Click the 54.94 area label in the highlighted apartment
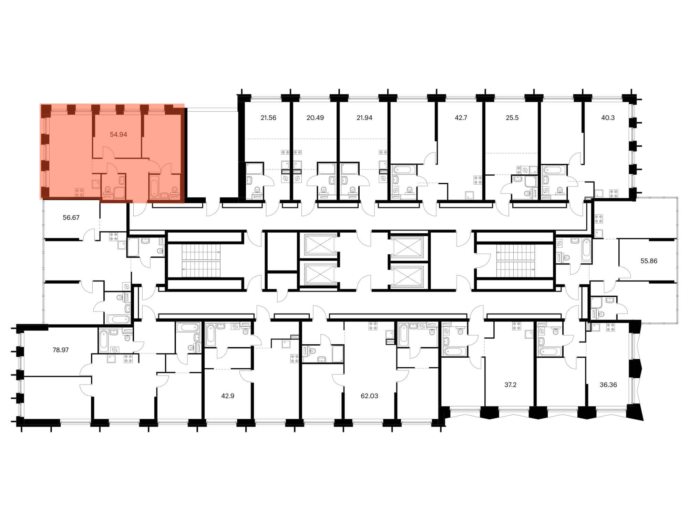119,135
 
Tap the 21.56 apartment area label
268,118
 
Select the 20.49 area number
315,118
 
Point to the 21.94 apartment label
364,118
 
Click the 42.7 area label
461,118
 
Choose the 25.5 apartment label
512,118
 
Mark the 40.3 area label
608,118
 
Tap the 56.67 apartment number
71,218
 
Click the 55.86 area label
649,261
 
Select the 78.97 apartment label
61,350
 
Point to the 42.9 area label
227,396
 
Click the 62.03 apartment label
369,396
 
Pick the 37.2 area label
510,385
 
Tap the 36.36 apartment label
608,385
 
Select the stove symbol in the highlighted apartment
79,192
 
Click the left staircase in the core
201,261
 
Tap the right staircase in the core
515,261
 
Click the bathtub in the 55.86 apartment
586,250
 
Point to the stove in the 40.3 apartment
613,194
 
